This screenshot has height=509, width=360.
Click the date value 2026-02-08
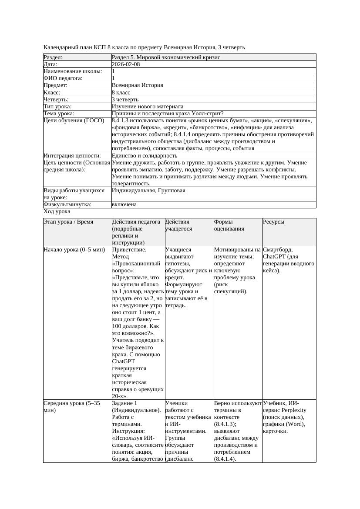pos(126,64)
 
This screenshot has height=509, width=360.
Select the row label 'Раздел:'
pos(53,57)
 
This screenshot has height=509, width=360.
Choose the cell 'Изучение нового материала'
pos(148,107)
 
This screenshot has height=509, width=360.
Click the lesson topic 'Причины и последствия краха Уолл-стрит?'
pos(168,114)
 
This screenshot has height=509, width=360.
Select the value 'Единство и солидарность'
pos(145,155)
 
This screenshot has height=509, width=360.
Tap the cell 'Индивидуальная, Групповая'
pos(148,191)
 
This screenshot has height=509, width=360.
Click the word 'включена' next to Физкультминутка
pos(124,204)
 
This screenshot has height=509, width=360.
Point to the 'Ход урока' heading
pos(57,211)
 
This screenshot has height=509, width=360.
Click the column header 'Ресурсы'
pos(274,222)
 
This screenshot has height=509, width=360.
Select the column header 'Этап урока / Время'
pos(68,222)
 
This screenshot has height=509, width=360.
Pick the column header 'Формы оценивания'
pos(229,225)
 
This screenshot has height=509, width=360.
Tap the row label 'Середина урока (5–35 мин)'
pos(72,407)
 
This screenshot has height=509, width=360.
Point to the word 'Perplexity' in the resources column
pos(293,410)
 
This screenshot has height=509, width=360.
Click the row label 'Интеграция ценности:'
pos(72,155)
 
